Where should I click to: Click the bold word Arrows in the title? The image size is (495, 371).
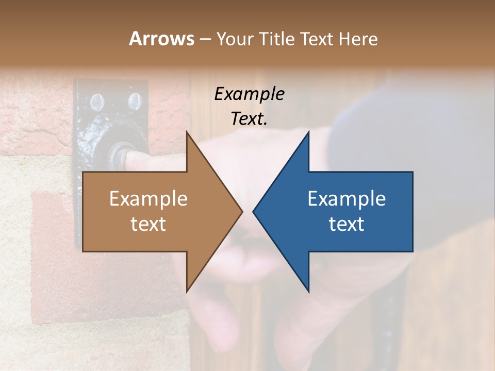161,39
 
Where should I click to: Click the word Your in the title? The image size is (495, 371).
235,39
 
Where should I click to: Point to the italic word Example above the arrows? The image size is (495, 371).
249,94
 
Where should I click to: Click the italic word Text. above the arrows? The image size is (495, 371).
249,119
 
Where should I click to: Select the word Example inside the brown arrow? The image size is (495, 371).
148,199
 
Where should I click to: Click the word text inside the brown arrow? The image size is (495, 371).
148,224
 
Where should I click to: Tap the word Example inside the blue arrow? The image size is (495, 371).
346,199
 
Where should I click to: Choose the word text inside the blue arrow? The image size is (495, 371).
346,224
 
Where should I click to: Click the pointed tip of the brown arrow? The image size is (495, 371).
242,211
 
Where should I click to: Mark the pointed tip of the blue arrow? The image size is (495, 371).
254,211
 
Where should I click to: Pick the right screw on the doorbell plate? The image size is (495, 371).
134,102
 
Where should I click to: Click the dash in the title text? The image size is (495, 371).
205,39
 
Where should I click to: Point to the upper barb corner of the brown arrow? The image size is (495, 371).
187,132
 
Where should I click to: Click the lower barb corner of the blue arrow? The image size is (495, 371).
308,291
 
